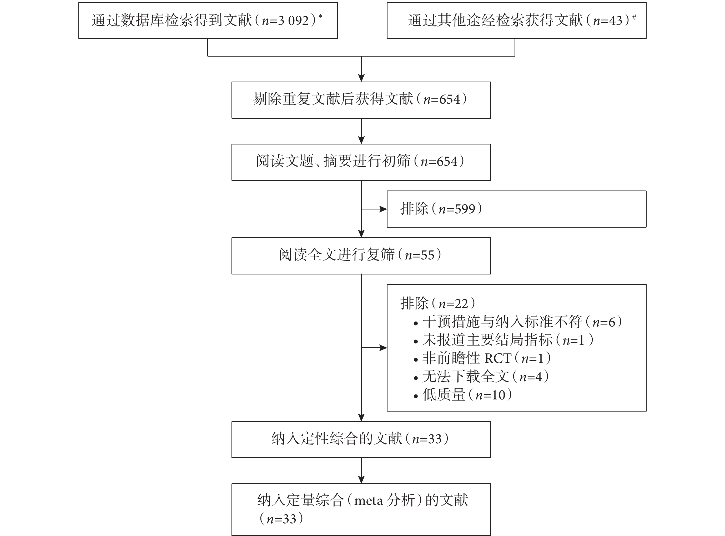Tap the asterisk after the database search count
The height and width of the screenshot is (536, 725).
320,16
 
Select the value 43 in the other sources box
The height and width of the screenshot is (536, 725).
616,21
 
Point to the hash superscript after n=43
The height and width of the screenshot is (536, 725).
634,17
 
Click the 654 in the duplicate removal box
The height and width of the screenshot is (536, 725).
450,99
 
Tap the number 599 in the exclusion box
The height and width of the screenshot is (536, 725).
465,209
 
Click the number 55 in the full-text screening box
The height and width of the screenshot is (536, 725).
427,255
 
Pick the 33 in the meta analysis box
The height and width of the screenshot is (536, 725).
289,519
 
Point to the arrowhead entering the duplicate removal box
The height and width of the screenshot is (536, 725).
361,78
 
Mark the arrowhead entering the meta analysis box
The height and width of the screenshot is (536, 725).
361,480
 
